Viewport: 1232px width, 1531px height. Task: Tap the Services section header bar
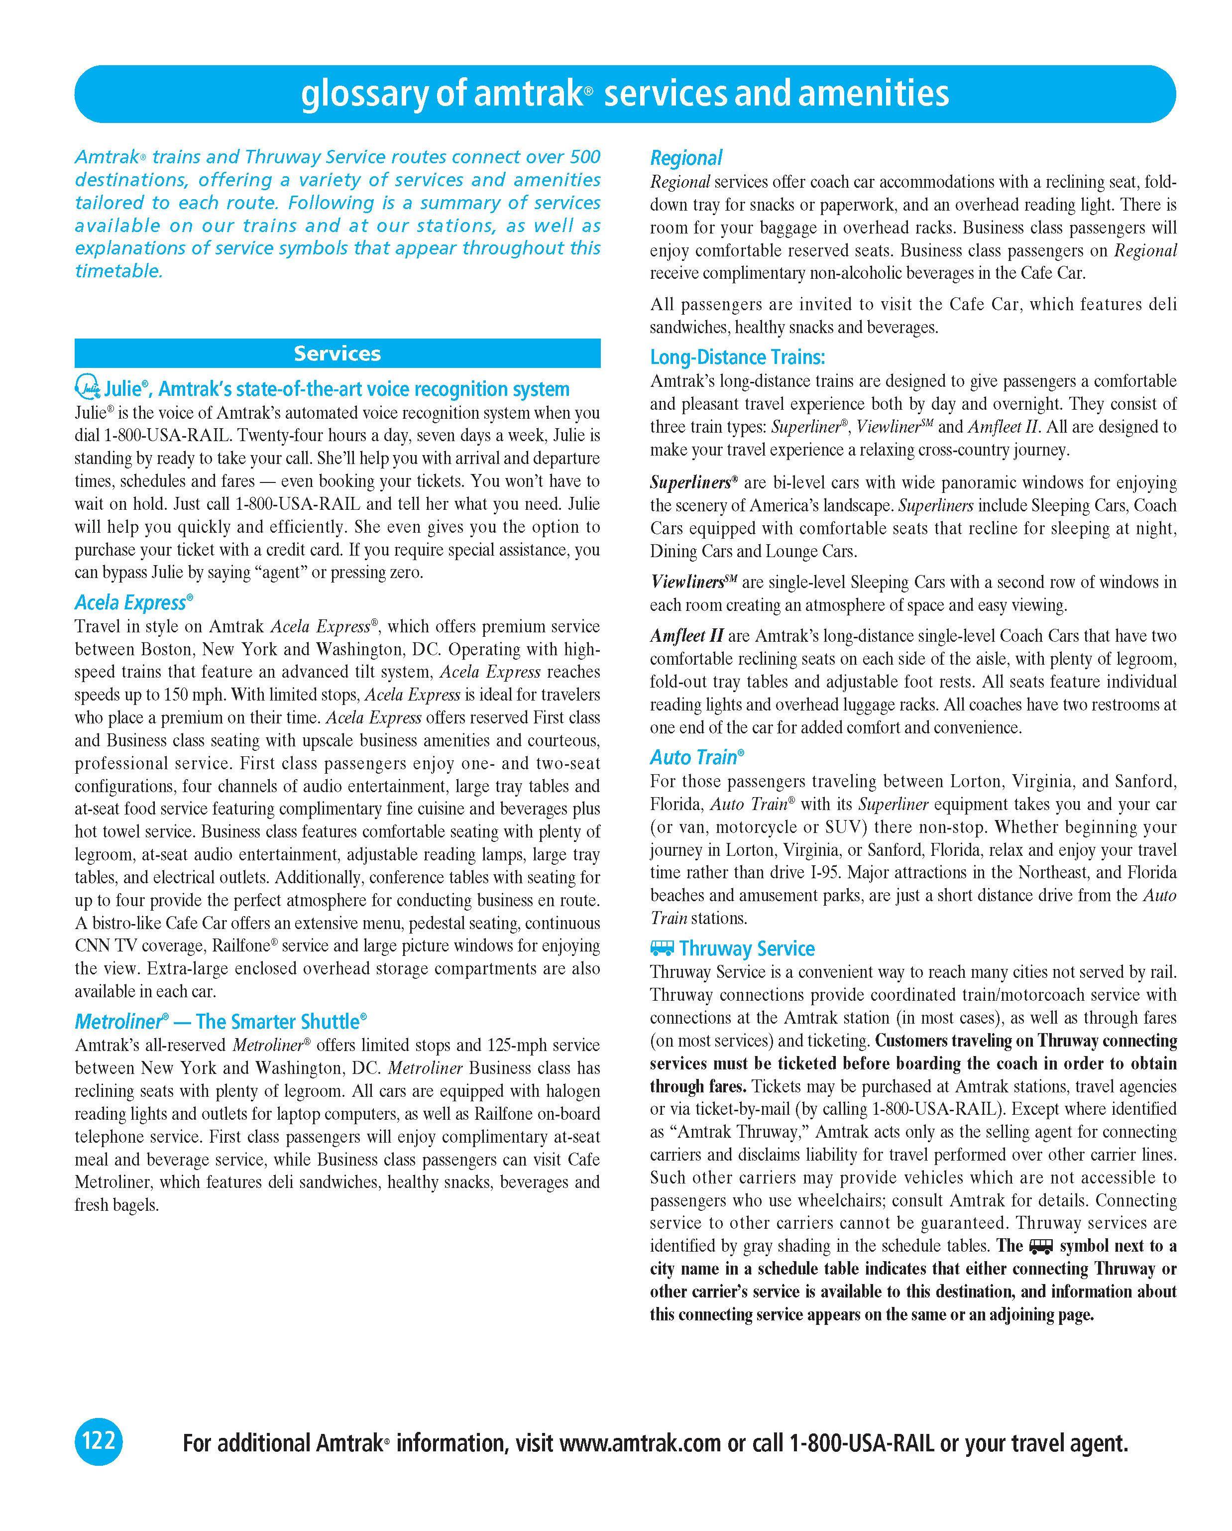click(x=337, y=353)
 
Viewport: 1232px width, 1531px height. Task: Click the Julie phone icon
click(x=87, y=388)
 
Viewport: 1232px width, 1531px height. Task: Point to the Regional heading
click(x=685, y=158)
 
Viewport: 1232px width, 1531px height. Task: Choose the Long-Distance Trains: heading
click(x=737, y=357)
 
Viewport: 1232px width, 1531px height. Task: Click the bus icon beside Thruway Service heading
click(x=662, y=948)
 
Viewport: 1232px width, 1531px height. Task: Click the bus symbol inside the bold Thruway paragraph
click(x=1041, y=1246)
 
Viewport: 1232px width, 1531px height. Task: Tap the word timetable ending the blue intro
click(x=118, y=271)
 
